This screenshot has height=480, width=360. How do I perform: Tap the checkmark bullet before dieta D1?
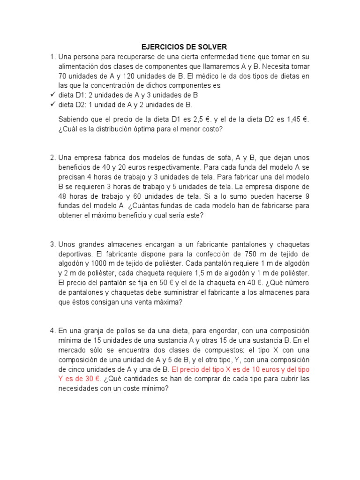point(52,95)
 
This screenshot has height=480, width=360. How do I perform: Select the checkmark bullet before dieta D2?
point(52,105)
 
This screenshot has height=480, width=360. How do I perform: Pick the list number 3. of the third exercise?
point(53,244)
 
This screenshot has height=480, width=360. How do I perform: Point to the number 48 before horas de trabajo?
point(64,196)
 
